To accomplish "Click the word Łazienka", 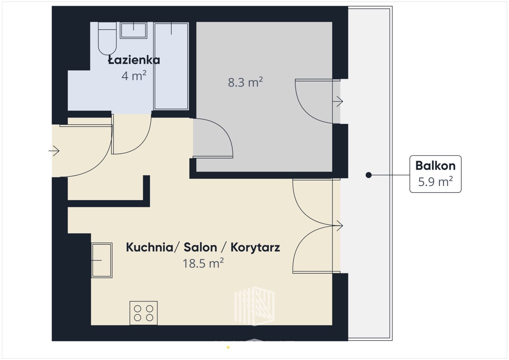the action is [x=134, y=60].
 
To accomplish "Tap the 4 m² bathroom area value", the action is [x=134, y=76].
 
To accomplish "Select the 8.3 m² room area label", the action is [x=245, y=82].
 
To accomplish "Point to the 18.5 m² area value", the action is [x=203, y=263].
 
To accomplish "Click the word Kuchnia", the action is [x=150, y=247].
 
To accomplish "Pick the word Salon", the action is [x=200, y=247].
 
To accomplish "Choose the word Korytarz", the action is [x=255, y=248].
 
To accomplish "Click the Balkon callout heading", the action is [x=435, y=166].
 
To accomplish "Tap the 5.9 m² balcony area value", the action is [x=435, y=182].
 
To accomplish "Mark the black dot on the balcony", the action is [x=369, y=175].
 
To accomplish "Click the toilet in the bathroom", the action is [x=107, y=39].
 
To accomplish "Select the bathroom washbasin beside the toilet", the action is [x=133, y=30].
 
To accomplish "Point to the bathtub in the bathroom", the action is [x=171, y=66].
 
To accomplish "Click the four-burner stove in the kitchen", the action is [x=144, y=313].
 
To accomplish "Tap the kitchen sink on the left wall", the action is [x=102, y=260].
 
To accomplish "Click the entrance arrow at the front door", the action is [x=54, y=151].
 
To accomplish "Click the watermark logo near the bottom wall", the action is [x=254, y=306].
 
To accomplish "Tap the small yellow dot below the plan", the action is [x=228, y=348].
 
